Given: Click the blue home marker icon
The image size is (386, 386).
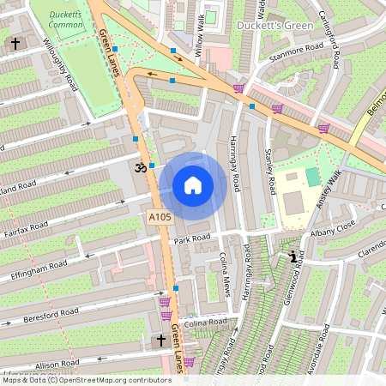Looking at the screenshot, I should [193, 185].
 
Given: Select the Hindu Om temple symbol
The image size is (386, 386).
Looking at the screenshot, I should [138, 168].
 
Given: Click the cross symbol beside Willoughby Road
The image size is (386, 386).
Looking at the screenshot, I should [15, 44].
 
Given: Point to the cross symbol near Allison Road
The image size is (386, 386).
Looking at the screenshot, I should [160, 341].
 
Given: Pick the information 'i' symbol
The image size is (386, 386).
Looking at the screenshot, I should [294, 256].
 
